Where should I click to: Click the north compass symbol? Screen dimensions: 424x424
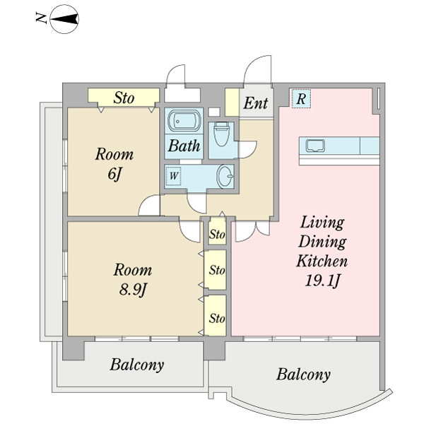coord(64,19)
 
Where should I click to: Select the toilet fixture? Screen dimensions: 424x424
coord(221,134)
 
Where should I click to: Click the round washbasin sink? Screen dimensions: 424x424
coord(225,177)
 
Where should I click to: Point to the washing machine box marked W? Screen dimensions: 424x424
coord(173,176)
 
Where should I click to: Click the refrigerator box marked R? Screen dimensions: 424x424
coord(301,99)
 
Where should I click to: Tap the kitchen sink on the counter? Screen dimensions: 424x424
coord(315,146)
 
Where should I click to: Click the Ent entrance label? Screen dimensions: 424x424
coord(256,103)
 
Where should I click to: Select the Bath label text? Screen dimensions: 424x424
coord(184,146)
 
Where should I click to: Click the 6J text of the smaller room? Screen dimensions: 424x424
coord(114,174)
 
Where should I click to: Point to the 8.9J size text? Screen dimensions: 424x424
coord(133,290)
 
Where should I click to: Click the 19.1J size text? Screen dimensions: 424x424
coord(322,281)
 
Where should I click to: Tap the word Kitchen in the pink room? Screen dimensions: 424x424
coord(322,261)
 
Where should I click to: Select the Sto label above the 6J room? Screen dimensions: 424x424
coord(124,98)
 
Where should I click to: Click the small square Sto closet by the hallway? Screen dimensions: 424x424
coord(217,233)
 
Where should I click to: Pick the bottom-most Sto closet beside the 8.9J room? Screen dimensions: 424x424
coord(216,315)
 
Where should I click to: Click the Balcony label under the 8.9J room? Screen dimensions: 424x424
coord(137,365)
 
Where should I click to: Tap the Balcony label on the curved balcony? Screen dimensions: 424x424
coord(303,375)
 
